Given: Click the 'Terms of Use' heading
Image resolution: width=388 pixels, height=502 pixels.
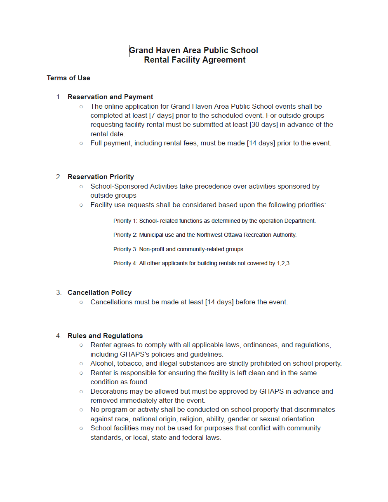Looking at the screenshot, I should tap(68, 78).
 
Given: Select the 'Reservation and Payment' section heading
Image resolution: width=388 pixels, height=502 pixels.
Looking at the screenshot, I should tap(110, 97).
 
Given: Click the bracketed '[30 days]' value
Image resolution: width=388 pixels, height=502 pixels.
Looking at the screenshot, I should tap(264, 124).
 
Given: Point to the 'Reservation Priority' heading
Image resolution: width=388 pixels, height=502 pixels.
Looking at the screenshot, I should tap(101, 177).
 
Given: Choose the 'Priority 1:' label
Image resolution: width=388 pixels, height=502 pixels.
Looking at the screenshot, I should tap(125, 221).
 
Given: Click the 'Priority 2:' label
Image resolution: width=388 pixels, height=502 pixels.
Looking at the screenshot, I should tap(125, 235).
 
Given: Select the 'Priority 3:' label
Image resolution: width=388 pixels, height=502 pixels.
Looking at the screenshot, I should tap(125, 249).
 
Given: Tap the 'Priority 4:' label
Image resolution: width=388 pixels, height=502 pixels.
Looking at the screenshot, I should tap(125, 263).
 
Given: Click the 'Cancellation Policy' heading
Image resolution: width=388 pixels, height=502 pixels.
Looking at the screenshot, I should tap(99, 292).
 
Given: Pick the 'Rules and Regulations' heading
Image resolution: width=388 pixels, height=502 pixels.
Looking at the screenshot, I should tap(105, 336).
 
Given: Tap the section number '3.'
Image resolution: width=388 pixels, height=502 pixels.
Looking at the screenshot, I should tap(59, 292).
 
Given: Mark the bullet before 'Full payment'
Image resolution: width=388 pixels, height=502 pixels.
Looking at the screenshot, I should tap(81, 143).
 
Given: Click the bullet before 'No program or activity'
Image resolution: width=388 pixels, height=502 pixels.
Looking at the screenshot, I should tap(81, 410).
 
